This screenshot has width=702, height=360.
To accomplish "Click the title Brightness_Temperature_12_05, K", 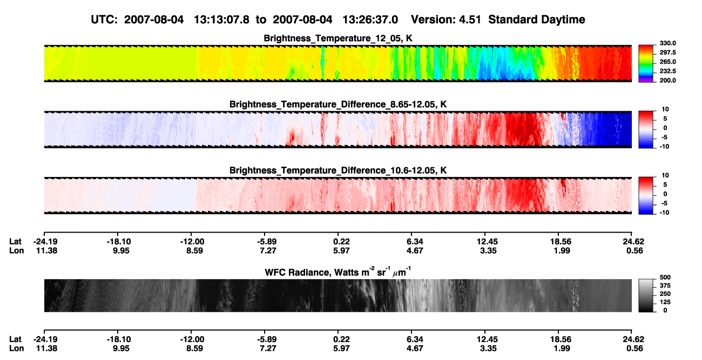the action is click(x=338, y=38).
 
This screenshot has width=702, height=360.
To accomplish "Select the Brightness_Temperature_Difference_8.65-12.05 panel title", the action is click(x=338, y=104).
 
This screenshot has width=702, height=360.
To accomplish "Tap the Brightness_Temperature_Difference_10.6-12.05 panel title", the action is click(x=338, y=171).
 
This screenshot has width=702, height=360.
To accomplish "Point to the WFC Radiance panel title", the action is click(x=338, y=272).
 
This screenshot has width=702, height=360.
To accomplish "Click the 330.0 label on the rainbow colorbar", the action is click(x=667, y=43).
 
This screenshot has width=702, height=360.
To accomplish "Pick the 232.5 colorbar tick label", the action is click(x=667, y=71).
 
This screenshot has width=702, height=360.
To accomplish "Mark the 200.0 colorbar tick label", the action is click(x=667, y=80).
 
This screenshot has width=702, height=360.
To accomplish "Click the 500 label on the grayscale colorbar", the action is click(x=665, y=277).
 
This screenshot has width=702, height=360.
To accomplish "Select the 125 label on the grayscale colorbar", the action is click(x=665, y=302).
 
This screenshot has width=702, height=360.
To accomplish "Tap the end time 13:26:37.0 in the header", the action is click(x=370, y=20).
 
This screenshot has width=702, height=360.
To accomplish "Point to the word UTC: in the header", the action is click(x=104, y=20).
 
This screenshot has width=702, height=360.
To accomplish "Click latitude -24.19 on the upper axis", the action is click(x=45, y=242).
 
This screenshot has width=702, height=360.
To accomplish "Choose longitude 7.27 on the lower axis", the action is click(x=268, y=349).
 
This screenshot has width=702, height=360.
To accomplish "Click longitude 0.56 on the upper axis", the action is click(x=634, y=250).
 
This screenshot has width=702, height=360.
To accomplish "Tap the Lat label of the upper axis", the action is click(x=15, y=242).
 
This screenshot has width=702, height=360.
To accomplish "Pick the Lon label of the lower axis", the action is click(x=16, y=349).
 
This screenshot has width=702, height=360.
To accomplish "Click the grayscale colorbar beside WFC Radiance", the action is click(x=646, y=295).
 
